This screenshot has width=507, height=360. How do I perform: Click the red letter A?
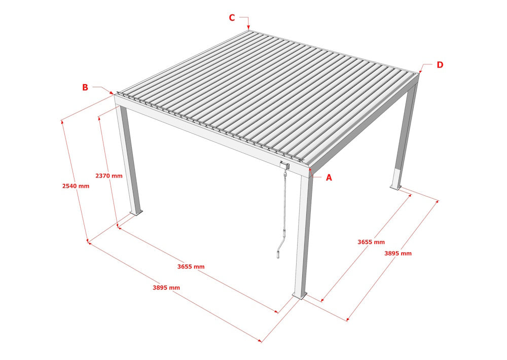pos(329,177)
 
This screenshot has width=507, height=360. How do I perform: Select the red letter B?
pos(85,87)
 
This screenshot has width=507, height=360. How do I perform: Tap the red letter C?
pos(232,18)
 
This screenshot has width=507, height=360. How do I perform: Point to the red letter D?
pos(440,65)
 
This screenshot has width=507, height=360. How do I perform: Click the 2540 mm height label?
pos(76,186)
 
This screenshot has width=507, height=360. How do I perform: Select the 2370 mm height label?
pos(109,176)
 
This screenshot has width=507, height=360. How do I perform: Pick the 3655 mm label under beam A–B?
pos(191,266)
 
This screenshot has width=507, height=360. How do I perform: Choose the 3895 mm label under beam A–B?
pos(166,287)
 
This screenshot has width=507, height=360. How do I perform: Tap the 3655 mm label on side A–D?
pos(371,242)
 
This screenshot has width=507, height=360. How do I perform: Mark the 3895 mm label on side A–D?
pos(398,253)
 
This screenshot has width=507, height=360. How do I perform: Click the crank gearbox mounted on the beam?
pos(284,164)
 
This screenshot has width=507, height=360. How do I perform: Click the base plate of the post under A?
pos(300,295)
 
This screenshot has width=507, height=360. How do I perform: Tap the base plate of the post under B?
pos(135,212)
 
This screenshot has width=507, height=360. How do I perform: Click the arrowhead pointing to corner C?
pos(248,27)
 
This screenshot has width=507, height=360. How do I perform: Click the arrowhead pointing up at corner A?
pos(312,174)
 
